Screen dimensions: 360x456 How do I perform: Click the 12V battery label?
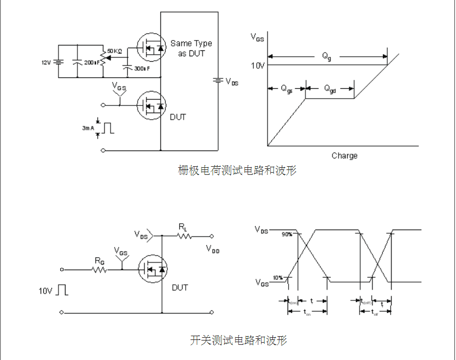click(x=46, y=62)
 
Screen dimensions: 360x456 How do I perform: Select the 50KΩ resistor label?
click(x=114, y=51)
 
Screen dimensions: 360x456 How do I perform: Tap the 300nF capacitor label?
click(x=141, y=69)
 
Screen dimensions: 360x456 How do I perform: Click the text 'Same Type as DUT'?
click(x=191, y=48)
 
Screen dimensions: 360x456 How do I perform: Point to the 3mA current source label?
click(x=88, y=128)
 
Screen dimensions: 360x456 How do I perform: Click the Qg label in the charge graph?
click(x=327, y=56)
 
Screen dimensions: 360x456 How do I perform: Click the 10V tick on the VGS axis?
click(x=258, y=65)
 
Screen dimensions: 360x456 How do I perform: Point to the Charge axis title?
click(x=344, y=156)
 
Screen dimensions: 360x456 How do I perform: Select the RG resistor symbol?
click(x=100, y=269)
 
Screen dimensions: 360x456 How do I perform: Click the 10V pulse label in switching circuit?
click(x=45, y=291)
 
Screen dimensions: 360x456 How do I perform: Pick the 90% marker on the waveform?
click(x=286, y=234)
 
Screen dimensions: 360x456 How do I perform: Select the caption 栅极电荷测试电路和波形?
click(x=237, y=171)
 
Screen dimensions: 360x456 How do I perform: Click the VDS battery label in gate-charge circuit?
click(x=231, y=82)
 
